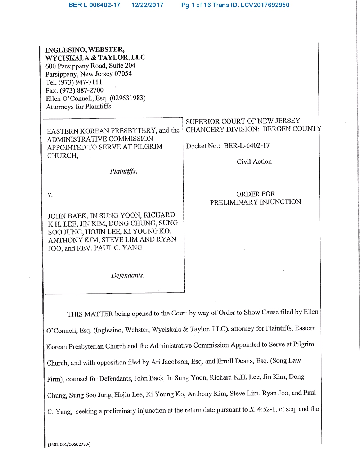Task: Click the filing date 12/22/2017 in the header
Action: [x=147, y=5]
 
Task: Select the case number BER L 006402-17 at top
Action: [x=94, y=5]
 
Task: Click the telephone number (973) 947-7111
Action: [x=80, y=82]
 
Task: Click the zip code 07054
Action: [x=123, y=74]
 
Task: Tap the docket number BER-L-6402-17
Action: [x=247, y=145]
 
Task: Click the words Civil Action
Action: [x=254, y=162]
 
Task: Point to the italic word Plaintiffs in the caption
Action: [x=123, y=171]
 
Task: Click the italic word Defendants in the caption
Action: [x=127, y=275]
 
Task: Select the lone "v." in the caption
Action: [x=50, y=194]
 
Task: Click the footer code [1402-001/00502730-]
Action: [x=69, y=444]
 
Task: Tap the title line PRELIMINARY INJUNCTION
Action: [x=256, y=202]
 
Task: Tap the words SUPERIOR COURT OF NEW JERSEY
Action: [x=243, y=121]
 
